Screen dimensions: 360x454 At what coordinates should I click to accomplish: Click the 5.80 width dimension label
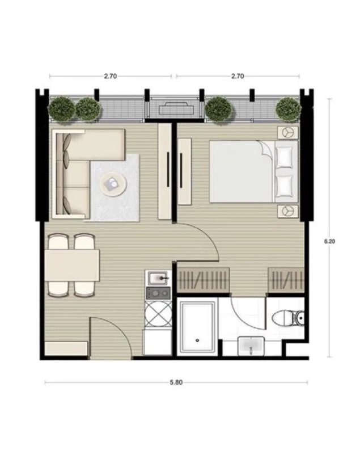176,382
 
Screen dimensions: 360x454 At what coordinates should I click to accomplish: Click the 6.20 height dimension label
329,241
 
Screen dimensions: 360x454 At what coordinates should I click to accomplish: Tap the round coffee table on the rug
113,183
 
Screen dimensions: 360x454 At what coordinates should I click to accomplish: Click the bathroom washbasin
251,346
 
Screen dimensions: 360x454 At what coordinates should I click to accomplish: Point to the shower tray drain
197,340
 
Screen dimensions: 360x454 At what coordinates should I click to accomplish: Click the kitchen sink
158,278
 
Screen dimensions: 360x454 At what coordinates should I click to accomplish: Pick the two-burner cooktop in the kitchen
159,293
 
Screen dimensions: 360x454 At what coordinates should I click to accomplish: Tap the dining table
73,265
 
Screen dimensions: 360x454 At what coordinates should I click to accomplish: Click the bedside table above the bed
287,133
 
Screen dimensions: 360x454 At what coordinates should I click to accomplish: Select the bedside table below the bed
287,211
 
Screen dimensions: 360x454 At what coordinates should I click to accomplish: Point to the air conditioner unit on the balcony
176,109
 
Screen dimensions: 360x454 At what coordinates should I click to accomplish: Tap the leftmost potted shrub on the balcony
61,109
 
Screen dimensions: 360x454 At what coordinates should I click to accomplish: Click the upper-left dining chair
58,242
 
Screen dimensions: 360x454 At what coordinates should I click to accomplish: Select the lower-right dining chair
84,289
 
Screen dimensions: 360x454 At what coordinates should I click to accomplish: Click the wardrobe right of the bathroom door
286,280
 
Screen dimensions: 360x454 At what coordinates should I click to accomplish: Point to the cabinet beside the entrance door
66,348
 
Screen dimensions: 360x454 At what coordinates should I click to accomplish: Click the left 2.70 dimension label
111,76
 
